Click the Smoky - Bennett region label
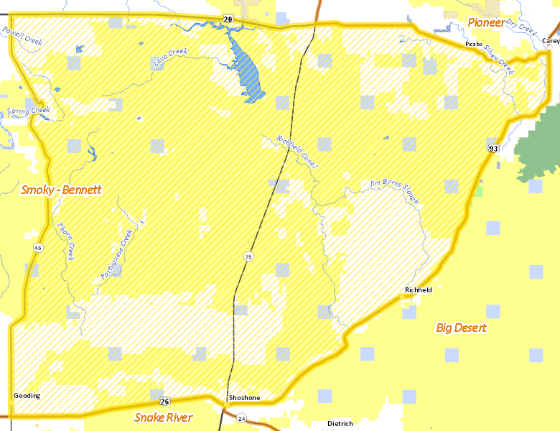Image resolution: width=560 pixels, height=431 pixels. [x=61, y=190]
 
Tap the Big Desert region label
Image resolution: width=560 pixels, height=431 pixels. [x=461, y=328]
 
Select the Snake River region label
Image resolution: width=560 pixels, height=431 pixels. [x=164, y=417]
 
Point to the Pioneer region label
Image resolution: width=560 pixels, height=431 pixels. [x=486, y=23]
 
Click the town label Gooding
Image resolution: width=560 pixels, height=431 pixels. [x=27, y=396]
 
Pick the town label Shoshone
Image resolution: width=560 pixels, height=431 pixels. [x=244, y=398]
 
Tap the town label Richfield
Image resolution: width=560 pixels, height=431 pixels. [x=419, y=290]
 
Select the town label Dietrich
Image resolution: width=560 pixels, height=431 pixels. [x=340, y=424]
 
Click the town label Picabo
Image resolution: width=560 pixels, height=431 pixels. [x=474, y=44]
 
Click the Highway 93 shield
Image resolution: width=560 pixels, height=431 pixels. [x=493, y=149]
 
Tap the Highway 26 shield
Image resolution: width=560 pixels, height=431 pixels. [x=164, y=401]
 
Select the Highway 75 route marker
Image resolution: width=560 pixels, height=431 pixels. [x=248, y=256]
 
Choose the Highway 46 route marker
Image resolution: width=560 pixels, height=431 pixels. [x=37, y=247]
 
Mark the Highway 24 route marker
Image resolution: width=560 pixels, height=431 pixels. [x=241, y=418]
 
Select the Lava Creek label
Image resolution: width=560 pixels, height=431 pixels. [x=170, y=57]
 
